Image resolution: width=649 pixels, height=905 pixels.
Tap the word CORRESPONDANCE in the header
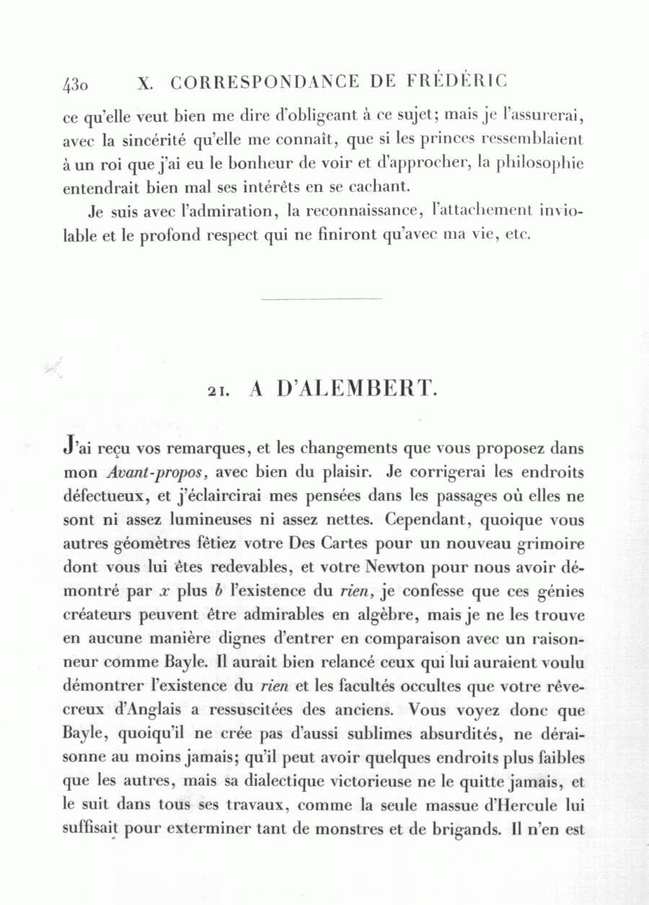point(265,82)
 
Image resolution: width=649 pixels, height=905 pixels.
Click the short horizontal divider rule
point(320,298)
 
